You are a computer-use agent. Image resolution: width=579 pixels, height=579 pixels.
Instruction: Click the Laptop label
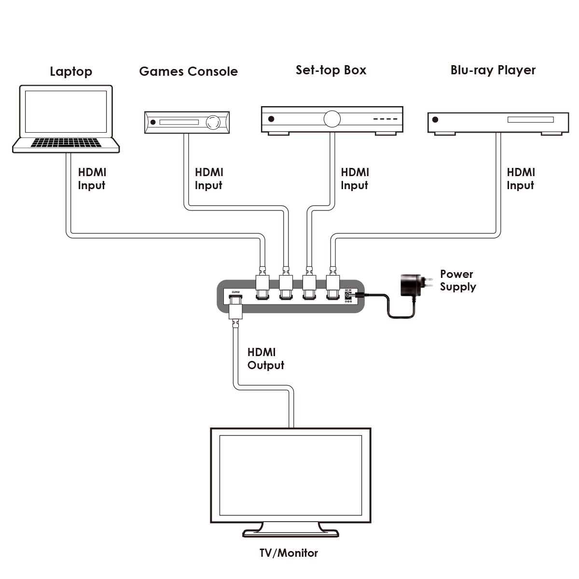click(71, 72)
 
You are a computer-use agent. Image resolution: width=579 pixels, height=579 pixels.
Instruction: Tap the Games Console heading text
click(188, 71)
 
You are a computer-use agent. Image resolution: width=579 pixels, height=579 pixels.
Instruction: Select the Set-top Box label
click(331, 70)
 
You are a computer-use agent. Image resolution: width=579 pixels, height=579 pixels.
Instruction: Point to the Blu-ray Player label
click(493, 70)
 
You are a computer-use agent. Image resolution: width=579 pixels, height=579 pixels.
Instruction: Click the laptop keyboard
click(66, 143)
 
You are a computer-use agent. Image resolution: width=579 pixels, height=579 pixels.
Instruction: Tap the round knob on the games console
click(213, 123)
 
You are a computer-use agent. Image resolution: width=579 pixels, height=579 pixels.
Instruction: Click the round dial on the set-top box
click(332, 119)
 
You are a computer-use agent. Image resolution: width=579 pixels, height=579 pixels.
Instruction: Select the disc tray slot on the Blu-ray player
click(530, 119)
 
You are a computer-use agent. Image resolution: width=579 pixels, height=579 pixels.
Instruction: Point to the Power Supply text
click(457, 280)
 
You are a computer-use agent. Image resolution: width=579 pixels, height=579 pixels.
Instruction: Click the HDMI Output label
click(265, 359)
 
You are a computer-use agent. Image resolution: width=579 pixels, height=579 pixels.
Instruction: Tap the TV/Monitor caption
click(289, 553)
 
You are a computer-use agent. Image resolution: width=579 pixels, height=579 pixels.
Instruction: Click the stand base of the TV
click(290, 533)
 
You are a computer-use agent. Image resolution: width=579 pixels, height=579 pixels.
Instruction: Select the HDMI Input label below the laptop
click(92, 179)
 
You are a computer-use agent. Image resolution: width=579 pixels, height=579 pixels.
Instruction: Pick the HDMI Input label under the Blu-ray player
click(521, 179)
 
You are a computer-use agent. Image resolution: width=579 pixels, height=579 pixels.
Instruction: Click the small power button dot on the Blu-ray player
click(435, 120)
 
